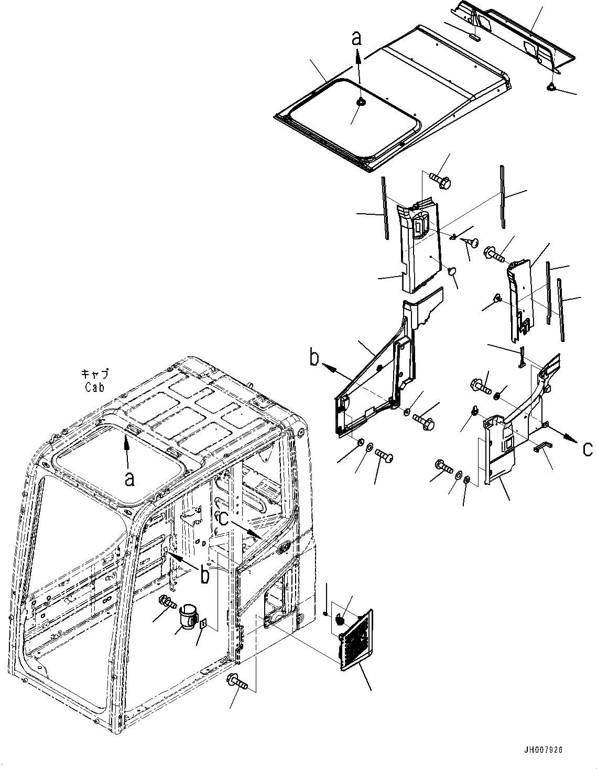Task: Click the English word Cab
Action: point(94,387)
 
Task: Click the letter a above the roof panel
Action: point(356,38)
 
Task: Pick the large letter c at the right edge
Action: point(588,448)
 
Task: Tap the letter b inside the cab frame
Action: point(205,575)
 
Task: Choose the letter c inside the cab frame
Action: point(223,518)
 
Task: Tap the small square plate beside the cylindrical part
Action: point(203,624)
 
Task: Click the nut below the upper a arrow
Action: point(360,103)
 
